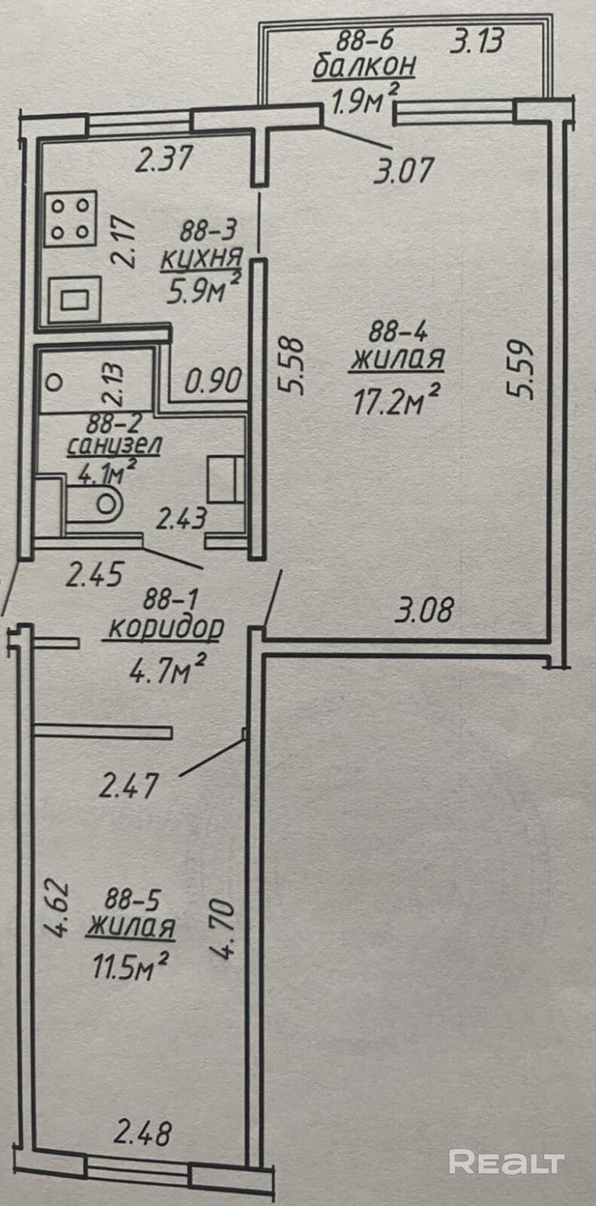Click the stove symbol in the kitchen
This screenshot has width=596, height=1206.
(x=70, y=219)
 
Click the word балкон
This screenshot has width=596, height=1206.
(x=364, y=66)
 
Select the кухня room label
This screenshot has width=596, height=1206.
(x=201, y=257)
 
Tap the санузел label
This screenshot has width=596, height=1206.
(x=114, y=445)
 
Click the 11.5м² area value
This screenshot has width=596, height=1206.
(x=127, y=966)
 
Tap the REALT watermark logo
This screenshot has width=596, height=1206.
(x=506, y=1162)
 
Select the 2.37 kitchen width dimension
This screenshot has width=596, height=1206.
(x=165, y=160)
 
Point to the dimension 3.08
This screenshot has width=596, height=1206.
(x=425, y=609)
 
